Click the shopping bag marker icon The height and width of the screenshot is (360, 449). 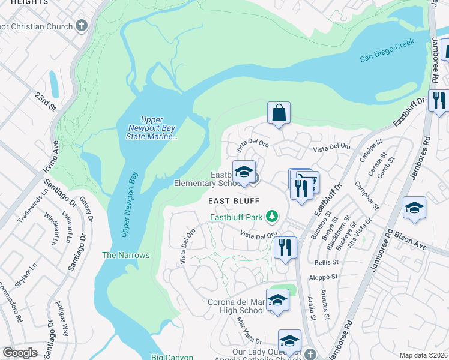point(279,112)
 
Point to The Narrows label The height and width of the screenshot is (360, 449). point(125,255)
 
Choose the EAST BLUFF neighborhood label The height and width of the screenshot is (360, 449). point(234,201)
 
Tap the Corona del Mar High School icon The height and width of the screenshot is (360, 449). point(277,300)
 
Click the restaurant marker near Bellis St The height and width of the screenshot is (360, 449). point(285,247)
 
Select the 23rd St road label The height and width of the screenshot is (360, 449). point(44,102)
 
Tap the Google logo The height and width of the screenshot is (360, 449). point(20,353)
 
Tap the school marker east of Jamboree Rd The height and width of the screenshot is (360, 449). point(414,208)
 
